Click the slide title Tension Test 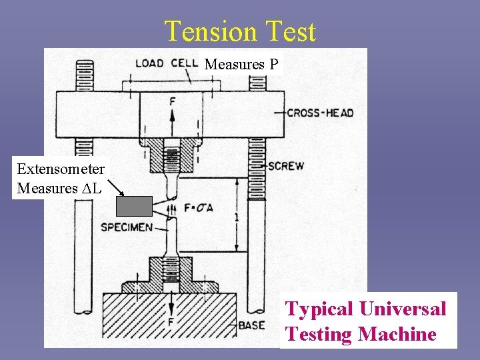240,31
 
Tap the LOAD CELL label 167,63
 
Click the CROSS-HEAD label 320,113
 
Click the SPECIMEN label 126,227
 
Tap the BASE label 251,325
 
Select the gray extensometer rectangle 135,207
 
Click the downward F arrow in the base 171,308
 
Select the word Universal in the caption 403,309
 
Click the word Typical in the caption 319,309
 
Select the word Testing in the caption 318,334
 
